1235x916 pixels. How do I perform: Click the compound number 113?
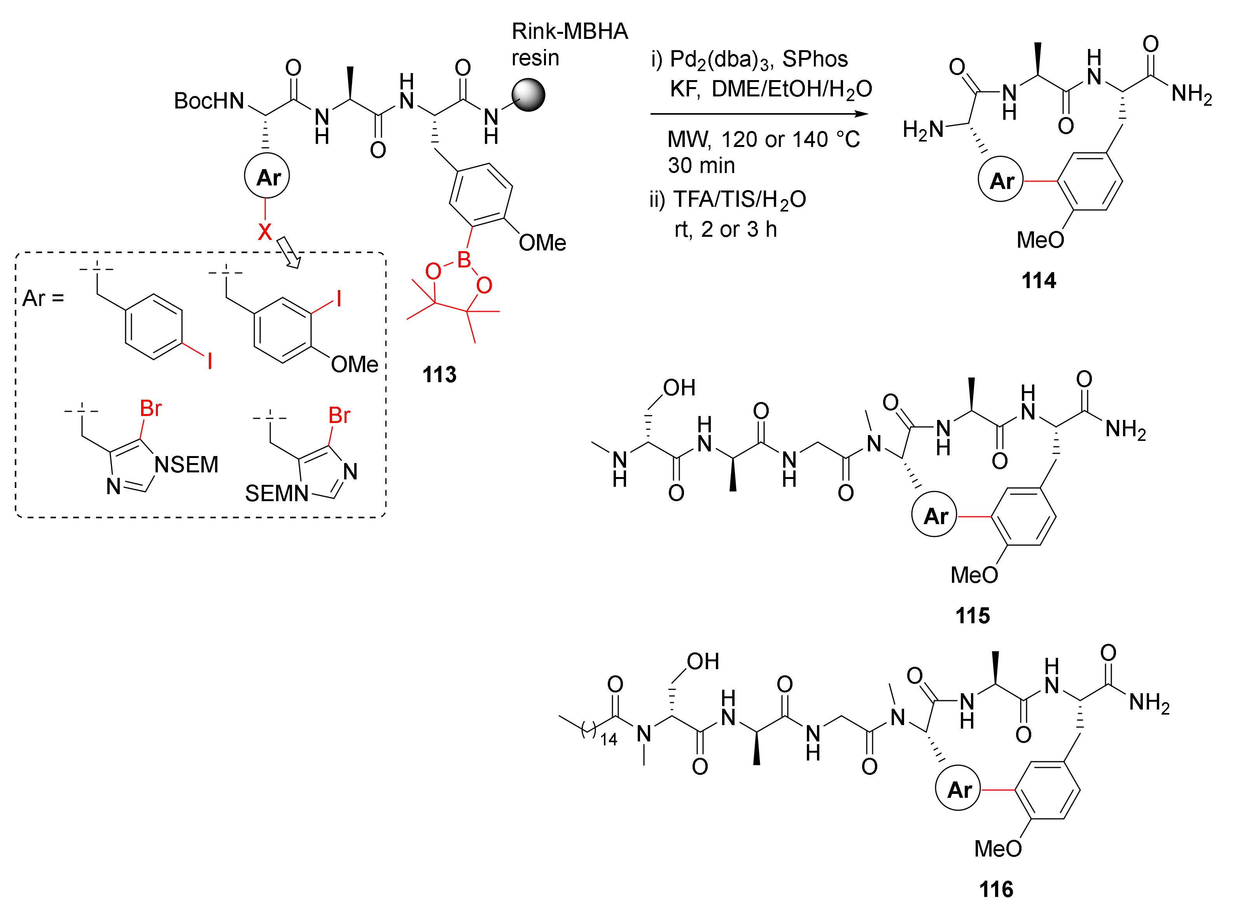439,375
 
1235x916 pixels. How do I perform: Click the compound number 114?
1039,281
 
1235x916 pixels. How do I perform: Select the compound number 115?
973,615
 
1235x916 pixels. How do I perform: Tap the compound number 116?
996,890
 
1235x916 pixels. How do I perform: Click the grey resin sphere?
528,95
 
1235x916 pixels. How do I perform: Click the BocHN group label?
209,101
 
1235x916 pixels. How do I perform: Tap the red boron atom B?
464,259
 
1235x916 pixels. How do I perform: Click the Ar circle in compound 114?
1001,180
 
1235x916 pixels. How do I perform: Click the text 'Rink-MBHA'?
570,31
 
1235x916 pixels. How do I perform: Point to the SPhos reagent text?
815,59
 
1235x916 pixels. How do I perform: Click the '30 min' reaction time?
701,165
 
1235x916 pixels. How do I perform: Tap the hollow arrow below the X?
289,252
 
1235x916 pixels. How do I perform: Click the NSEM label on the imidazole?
186,465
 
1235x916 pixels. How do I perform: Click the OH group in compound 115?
679,388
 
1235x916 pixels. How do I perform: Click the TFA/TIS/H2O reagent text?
739,199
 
